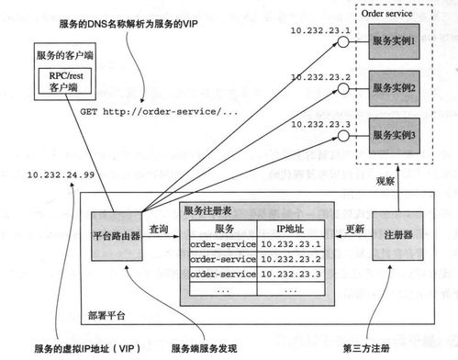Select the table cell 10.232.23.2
pos(290,259)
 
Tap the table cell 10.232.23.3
pos(290,274)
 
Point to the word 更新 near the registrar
pos(353,228)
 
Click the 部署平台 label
pos(102,315)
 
